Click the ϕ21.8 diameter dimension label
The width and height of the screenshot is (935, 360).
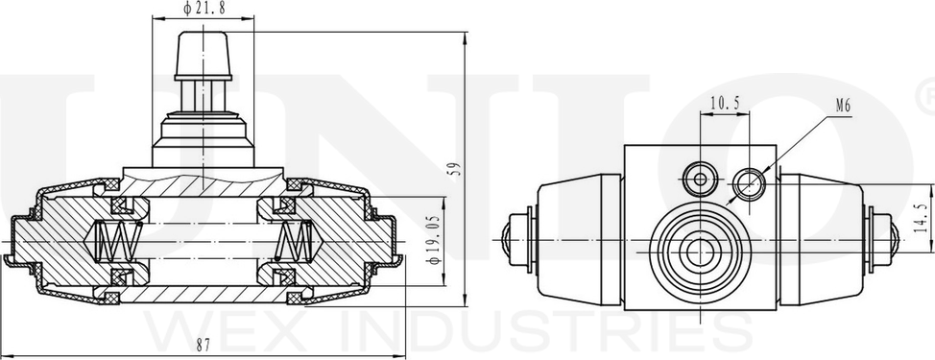[204, 8]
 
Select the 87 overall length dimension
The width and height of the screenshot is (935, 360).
[203, 345]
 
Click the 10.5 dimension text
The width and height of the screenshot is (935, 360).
[725, 103]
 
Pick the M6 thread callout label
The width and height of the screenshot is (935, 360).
[843, 107]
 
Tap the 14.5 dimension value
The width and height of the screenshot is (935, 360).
[922, 218]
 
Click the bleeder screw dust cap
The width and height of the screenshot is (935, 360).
[204, 56]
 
